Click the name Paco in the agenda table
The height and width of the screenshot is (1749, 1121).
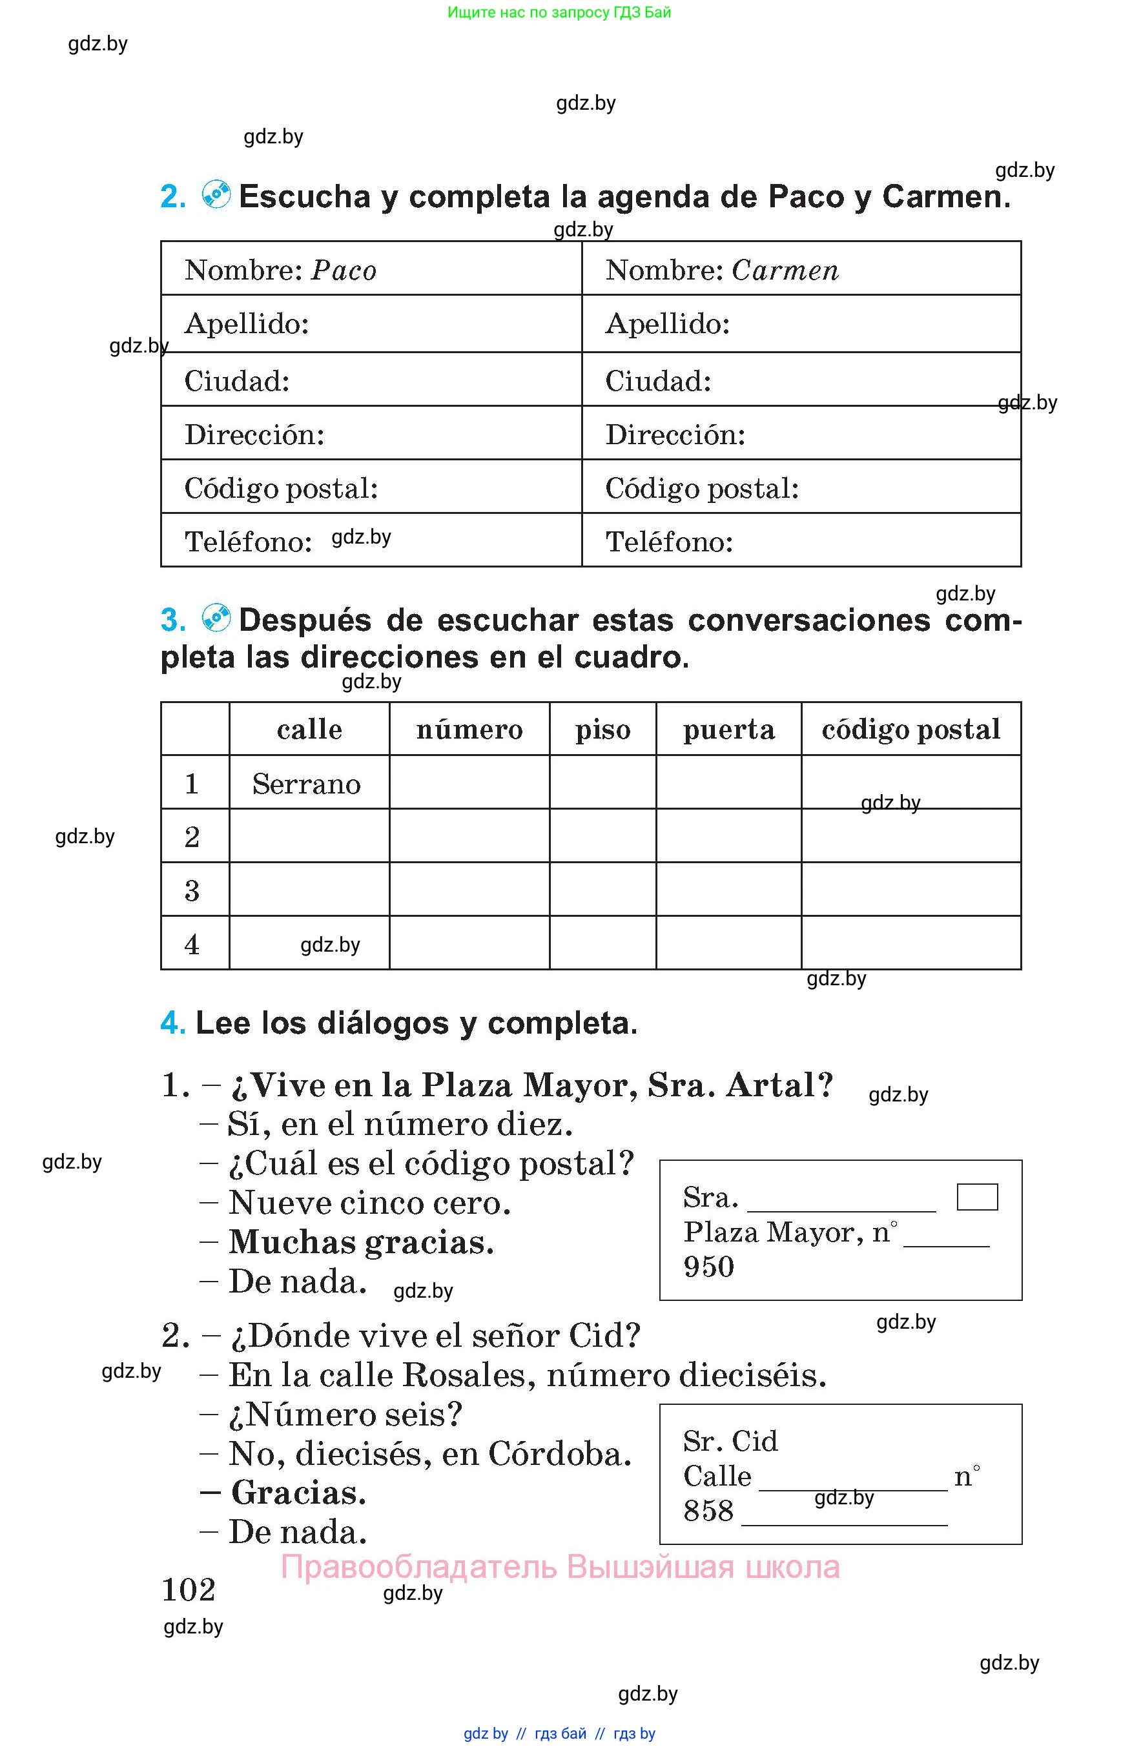click(x=344, y=271)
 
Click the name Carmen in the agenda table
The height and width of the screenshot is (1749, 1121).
click(x=785, y=271)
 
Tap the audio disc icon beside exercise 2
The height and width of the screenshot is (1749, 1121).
click(x=216, y=194)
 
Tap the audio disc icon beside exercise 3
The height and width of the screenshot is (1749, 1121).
click(x=216, y=618)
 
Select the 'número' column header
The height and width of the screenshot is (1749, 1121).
click(x=469, y=730)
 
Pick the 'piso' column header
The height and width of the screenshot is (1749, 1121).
click(x=602, y=730)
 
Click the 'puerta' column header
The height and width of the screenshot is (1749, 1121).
click(x=728, y=730)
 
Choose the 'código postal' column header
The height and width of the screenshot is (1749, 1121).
click(x=910, y=730)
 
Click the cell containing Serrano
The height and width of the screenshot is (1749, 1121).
click(x=307, y=784)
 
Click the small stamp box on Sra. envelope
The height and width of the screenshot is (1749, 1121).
click(x=977, y=1197)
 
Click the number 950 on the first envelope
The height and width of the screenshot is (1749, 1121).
click(x=708, y=1267)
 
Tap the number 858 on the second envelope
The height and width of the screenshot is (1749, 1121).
click(x=708, y=1511)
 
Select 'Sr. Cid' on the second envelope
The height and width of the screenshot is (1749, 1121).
click(x=730, y=1441)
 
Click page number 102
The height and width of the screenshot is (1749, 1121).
click(x=189, y=1590)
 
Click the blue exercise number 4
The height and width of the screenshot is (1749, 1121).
click(x=172, y=1023)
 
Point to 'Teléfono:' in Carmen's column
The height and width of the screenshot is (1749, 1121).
click(x=669, y=542)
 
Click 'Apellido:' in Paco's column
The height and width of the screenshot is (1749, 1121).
click(x=247, y=324)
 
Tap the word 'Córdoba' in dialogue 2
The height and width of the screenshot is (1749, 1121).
click(x=559, y=1454)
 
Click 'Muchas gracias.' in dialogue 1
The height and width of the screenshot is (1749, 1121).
click(x=361, y=1242)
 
